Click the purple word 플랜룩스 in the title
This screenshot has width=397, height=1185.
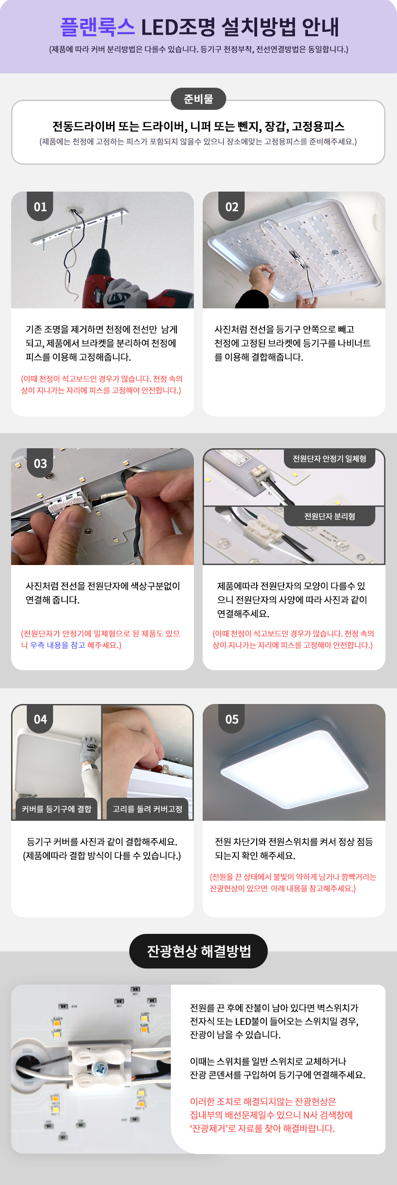tap(97, 27)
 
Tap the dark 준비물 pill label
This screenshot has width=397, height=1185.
tap(198, 99)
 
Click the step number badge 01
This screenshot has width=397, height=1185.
tap(40, 207)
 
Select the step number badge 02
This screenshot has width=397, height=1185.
tap(232, 207)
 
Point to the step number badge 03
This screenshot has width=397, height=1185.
tap(40, 463)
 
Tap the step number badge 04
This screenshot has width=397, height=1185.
tap(40, 719)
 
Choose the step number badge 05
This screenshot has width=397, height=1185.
tap(232, 719)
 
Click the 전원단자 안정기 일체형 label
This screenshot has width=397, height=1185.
tap(330, 458)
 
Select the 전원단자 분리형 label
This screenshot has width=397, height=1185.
tap(330, 516)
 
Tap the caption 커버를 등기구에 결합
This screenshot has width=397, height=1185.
tap(57, 809)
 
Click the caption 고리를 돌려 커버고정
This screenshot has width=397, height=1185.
tap(148, 809)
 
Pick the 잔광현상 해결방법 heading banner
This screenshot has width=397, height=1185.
tap(198, 951)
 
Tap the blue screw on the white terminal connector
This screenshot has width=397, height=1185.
tap(99, 1067)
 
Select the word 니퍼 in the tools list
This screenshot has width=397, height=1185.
tap(201, 126)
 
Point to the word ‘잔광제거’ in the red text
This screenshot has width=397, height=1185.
tap(211, 1128)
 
